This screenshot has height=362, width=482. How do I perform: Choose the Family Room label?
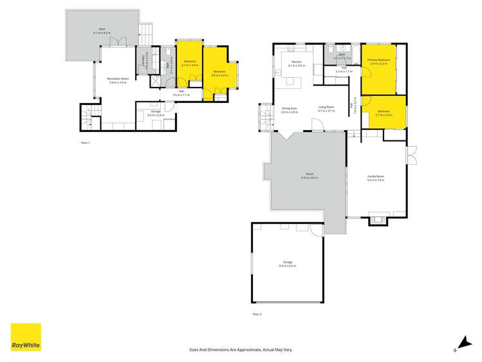376,178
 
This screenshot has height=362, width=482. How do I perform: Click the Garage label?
287,263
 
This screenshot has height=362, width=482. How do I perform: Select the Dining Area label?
289,110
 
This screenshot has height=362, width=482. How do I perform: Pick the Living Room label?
326,110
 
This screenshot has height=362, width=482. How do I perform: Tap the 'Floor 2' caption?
257,314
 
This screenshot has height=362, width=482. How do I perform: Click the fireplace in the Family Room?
378,219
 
